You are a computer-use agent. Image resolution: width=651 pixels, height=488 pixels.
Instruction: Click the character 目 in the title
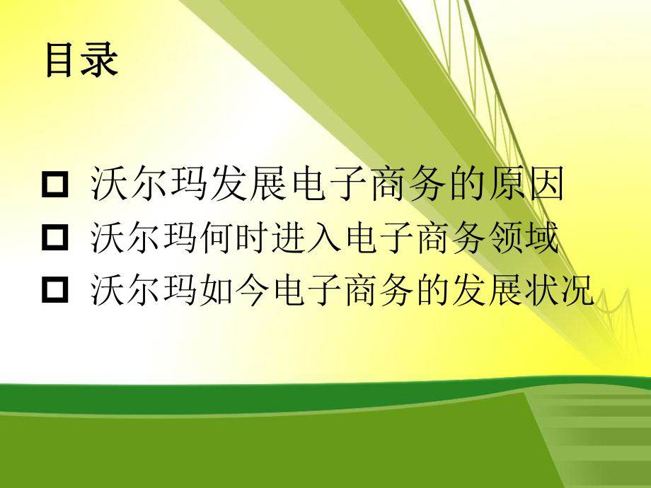[x=62, y=60]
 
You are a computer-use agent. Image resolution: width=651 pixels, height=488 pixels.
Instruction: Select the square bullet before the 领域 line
[x=56, y=239]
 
